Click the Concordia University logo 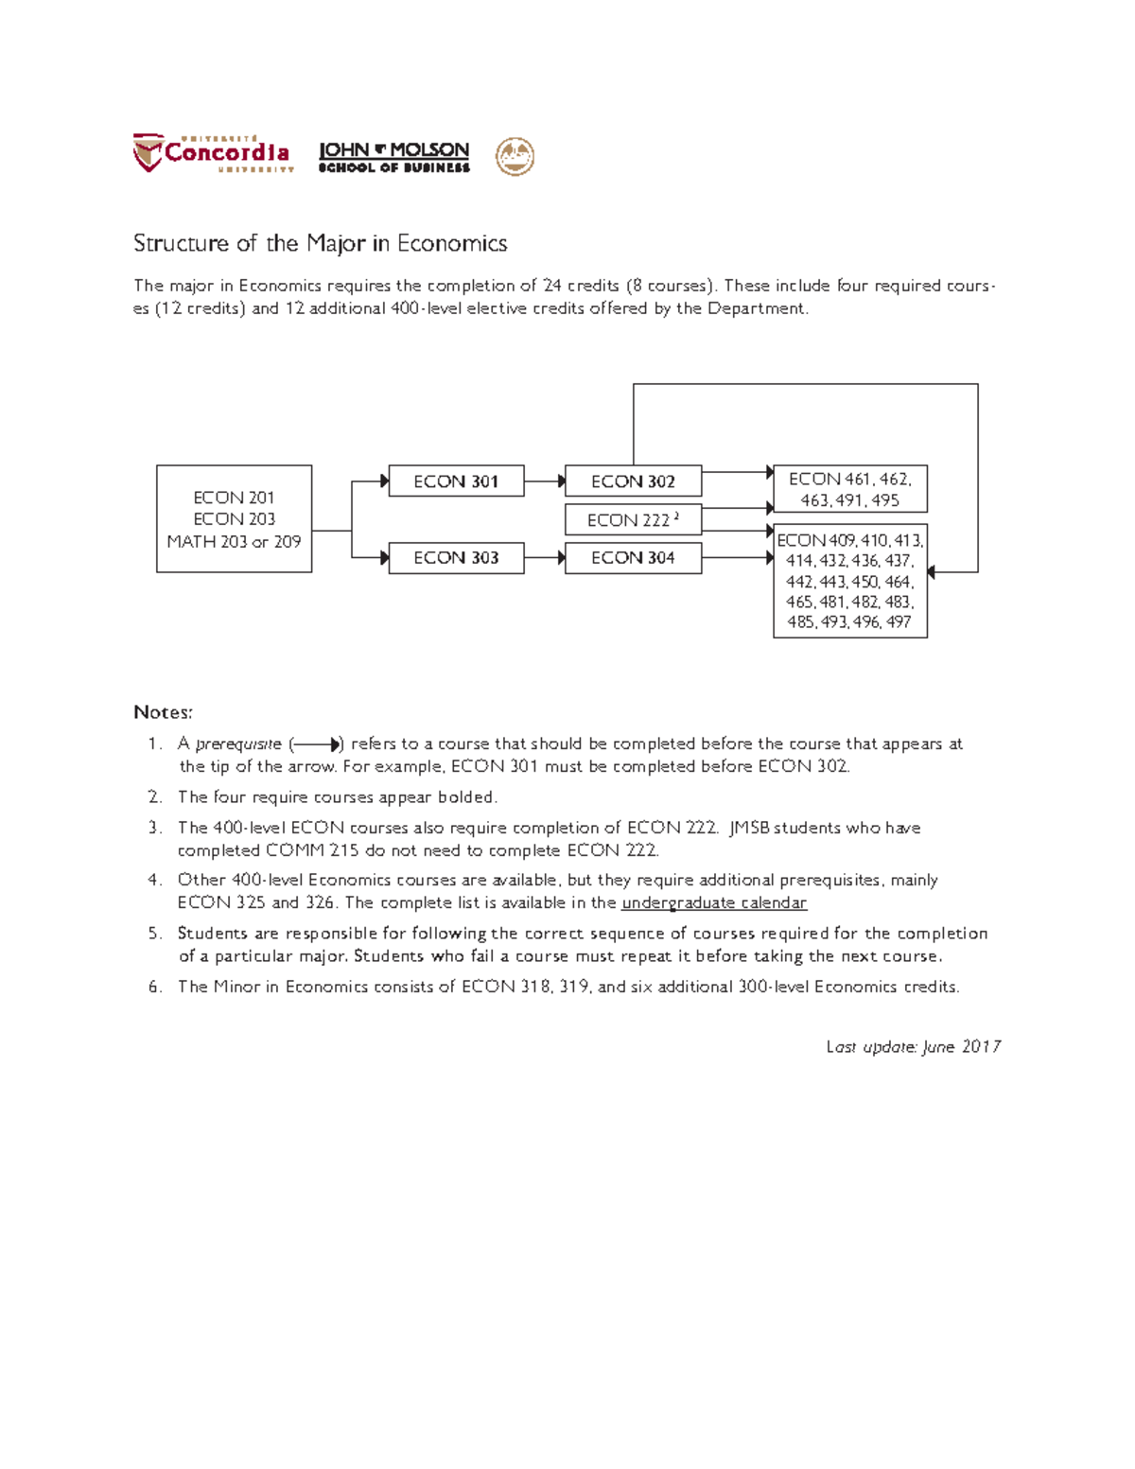click(212, 153)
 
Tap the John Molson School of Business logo click(393, 157)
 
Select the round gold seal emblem click(515, 157)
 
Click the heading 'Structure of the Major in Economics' click(320, 244)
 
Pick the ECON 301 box click(456, 481)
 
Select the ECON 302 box click(633, 481)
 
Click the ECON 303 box click(456, 558)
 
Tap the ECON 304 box click(633, 558)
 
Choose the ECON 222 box click(633, 520)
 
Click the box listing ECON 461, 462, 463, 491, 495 click(849, 489)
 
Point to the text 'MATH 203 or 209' click(234, 542)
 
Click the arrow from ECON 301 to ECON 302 click(545, 481)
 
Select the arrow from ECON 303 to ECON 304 click(545, 558)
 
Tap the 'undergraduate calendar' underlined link click(714, 903)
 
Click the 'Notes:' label click(163, 712)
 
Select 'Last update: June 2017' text click(913, 1047)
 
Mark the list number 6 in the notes click(154, 987)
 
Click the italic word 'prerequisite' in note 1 click(238, 744)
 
